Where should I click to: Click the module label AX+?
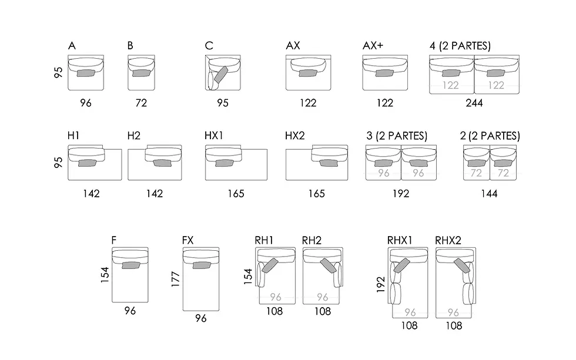click(373, 45)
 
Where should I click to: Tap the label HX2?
click(294, 136)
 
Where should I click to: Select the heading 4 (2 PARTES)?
click(460, 45)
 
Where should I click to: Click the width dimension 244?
click(474, 103)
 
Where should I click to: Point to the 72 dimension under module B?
click(141, 103)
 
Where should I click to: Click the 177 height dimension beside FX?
click(176, 279)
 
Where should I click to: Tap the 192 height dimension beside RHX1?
click(381, 284)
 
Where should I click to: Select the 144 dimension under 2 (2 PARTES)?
click(489, 193)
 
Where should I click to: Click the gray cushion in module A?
click(86, 73)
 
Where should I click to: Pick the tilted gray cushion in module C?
click(221, 75)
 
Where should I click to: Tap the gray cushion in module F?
click(131, 265)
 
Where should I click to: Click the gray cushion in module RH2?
click(328, 265)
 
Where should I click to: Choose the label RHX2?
click(448, 240)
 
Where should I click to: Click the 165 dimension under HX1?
click(236, 193)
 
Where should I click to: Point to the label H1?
click(73, 136)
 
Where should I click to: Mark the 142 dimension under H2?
click(154, 193)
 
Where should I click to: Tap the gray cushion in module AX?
click(308, 73)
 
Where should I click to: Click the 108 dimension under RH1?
click(274, 311)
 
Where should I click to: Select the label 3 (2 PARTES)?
click(397, 136)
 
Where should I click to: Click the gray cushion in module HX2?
click(329, 163)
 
